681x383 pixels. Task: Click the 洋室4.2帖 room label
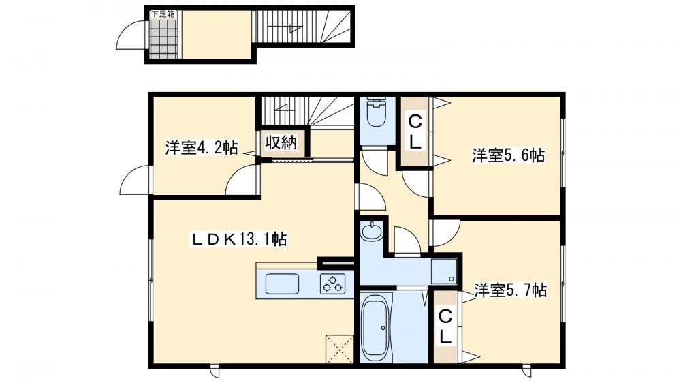click(201, 148)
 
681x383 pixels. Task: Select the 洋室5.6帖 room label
click(508, 155)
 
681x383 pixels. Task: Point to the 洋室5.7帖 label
click(510, 290)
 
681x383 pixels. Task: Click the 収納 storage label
click(281, 142)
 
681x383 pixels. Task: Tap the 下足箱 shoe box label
click(163, 14)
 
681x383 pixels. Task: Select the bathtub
click(377, 326)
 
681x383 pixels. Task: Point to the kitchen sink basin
click(282, 284)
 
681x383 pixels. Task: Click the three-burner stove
click(333, 284)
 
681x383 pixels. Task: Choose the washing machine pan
click(443, 271)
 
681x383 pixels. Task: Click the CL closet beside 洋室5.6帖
click(415, 132)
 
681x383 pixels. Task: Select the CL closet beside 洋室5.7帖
click(445, 326)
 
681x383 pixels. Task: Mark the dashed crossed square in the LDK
click(339, 349)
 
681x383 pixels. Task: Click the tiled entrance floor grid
click(164, 39)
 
